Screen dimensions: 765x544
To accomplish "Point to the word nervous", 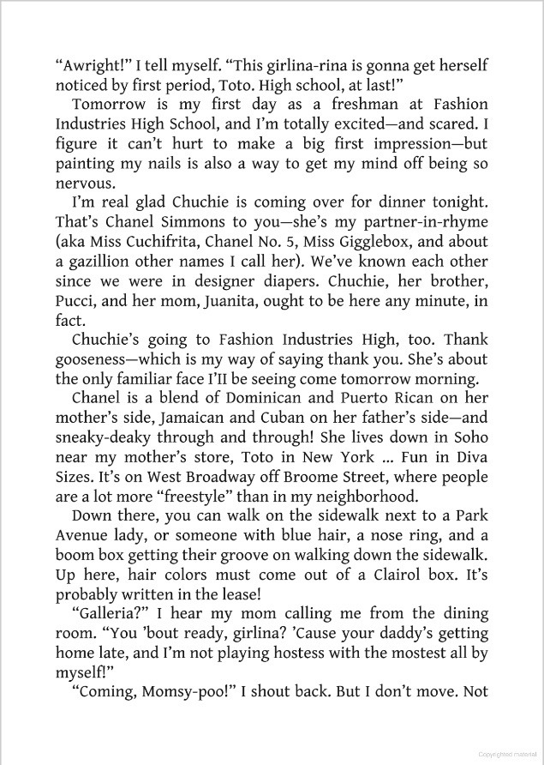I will click(x=85, y=182).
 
